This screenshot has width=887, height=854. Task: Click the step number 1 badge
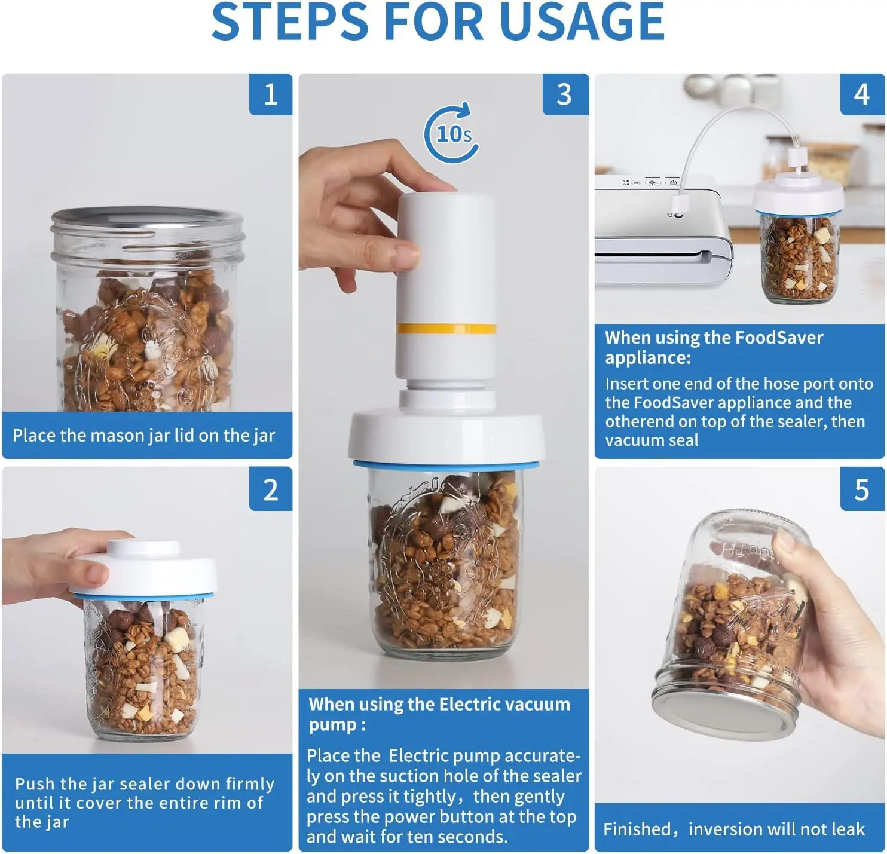[x=270, y=94]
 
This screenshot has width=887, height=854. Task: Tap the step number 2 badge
[x=270, y=489]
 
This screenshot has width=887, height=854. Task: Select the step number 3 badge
[x=565, y=94]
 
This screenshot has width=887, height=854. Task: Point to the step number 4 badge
[x=862, y=94]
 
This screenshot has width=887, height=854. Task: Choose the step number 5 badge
[x=862, y=489]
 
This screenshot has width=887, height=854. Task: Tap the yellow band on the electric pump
[x=446, y=329]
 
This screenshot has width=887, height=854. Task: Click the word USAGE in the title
[x=582, y=22]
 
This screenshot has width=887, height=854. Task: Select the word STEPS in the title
[x=290, y=22]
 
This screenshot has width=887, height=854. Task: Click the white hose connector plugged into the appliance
[x=678, y=204]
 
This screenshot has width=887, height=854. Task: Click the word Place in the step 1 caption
[x=33, y=435]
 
